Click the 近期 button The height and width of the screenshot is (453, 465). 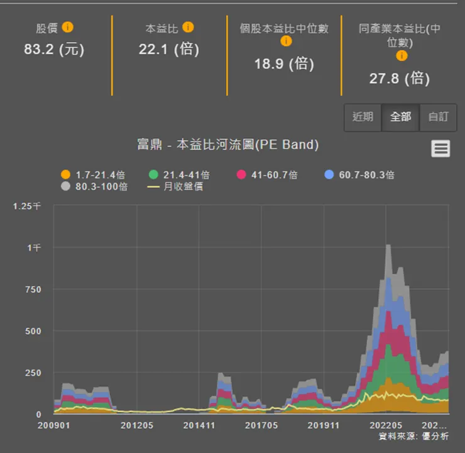point(363,117)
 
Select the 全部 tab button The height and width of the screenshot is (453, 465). point(400,117)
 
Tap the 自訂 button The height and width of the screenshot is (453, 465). point(438,117)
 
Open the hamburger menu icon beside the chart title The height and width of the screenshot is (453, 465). point(440,148)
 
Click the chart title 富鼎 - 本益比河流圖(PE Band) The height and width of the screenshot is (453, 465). point(227,145)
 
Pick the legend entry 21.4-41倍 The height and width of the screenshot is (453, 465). point(180,175)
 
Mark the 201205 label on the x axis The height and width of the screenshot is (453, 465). point(137,425)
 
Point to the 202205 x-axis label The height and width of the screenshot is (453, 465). point(386,425)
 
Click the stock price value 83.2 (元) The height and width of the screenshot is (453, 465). point(54,49)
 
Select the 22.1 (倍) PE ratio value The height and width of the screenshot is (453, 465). point(168,49)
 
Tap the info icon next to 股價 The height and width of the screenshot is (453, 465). point(68,28)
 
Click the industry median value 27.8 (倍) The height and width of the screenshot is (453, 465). point(399,79)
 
